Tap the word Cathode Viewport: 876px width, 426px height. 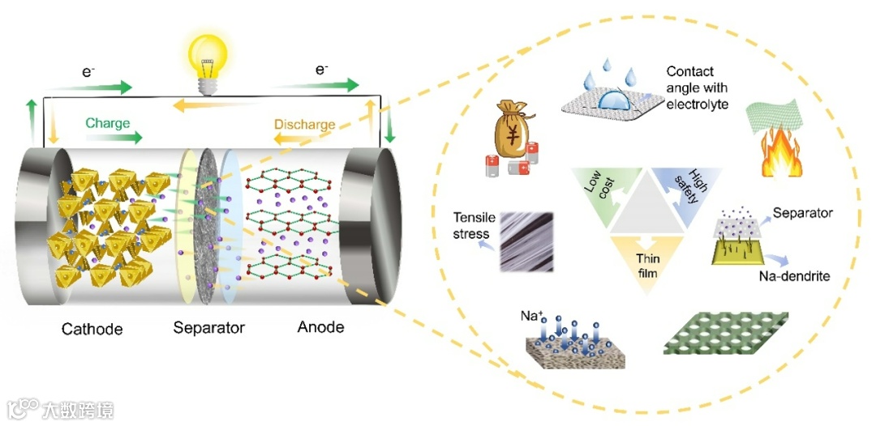click(92, 329)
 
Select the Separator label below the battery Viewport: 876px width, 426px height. click(208, 329)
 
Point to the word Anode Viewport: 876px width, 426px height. click(321, 328)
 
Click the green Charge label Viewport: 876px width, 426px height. click(108, 124)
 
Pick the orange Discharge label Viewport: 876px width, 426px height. click(304, 125)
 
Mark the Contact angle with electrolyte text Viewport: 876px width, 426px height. click(697, 87)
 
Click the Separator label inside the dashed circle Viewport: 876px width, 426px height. click(802, 214)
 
